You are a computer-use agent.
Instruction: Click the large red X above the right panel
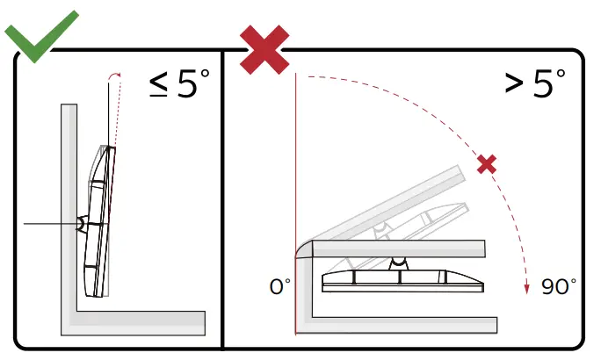(264, 47)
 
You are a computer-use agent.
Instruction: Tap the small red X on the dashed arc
(486, 163)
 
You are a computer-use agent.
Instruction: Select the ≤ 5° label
(179, 84)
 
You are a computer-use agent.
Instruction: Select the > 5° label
(535, 84)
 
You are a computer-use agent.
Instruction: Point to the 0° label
(280, 286)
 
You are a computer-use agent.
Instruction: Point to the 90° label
(559, 286)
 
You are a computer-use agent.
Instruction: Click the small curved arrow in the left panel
(112, 78)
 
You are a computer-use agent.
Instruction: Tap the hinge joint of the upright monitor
(82, 224)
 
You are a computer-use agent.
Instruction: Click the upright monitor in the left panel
(98, 224)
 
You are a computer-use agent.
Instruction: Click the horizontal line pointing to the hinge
(48, 224)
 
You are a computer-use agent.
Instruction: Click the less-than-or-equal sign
(159, 85)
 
